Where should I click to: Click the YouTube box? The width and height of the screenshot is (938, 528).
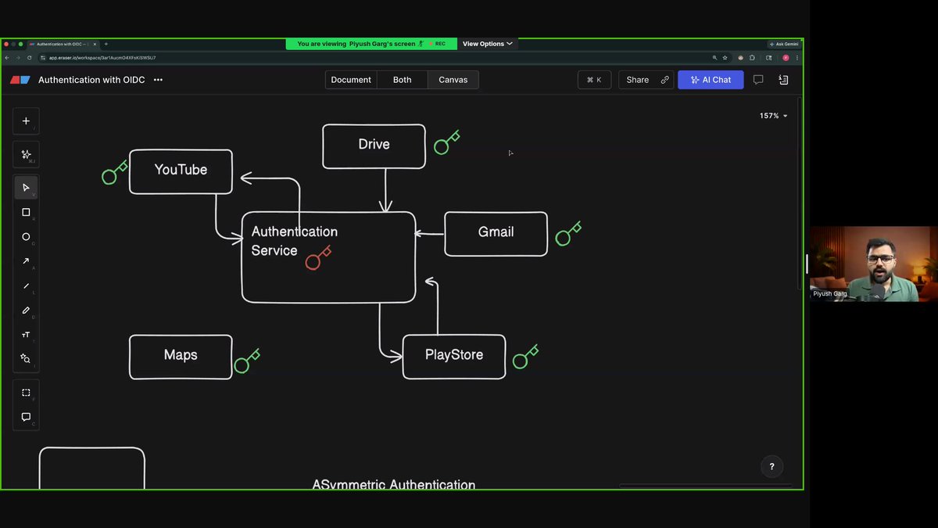coord(181,171)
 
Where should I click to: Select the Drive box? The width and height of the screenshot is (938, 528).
coord(374,145)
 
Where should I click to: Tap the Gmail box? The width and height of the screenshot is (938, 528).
coord(496,233)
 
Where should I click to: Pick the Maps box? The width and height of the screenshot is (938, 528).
coord(181,356)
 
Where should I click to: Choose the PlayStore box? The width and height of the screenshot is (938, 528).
coord(454,356)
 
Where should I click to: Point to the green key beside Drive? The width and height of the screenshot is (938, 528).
coord(446,143)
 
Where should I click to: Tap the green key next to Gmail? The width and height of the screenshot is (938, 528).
coord(567,234)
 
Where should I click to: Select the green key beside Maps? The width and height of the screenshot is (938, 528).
coord(246,361)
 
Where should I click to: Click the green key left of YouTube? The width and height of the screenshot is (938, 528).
coord(114,173)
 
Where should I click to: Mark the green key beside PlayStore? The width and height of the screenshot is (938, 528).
coord(524,357)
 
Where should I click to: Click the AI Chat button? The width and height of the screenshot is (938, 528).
coord(711,80)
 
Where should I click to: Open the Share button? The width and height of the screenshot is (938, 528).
coord(638,80)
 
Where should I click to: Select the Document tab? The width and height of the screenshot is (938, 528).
coord(351,80)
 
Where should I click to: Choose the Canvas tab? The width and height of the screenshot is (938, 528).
coord(453,80)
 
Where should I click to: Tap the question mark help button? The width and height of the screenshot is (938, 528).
coord(772,467)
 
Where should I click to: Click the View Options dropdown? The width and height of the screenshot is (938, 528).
coord(487,44)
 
